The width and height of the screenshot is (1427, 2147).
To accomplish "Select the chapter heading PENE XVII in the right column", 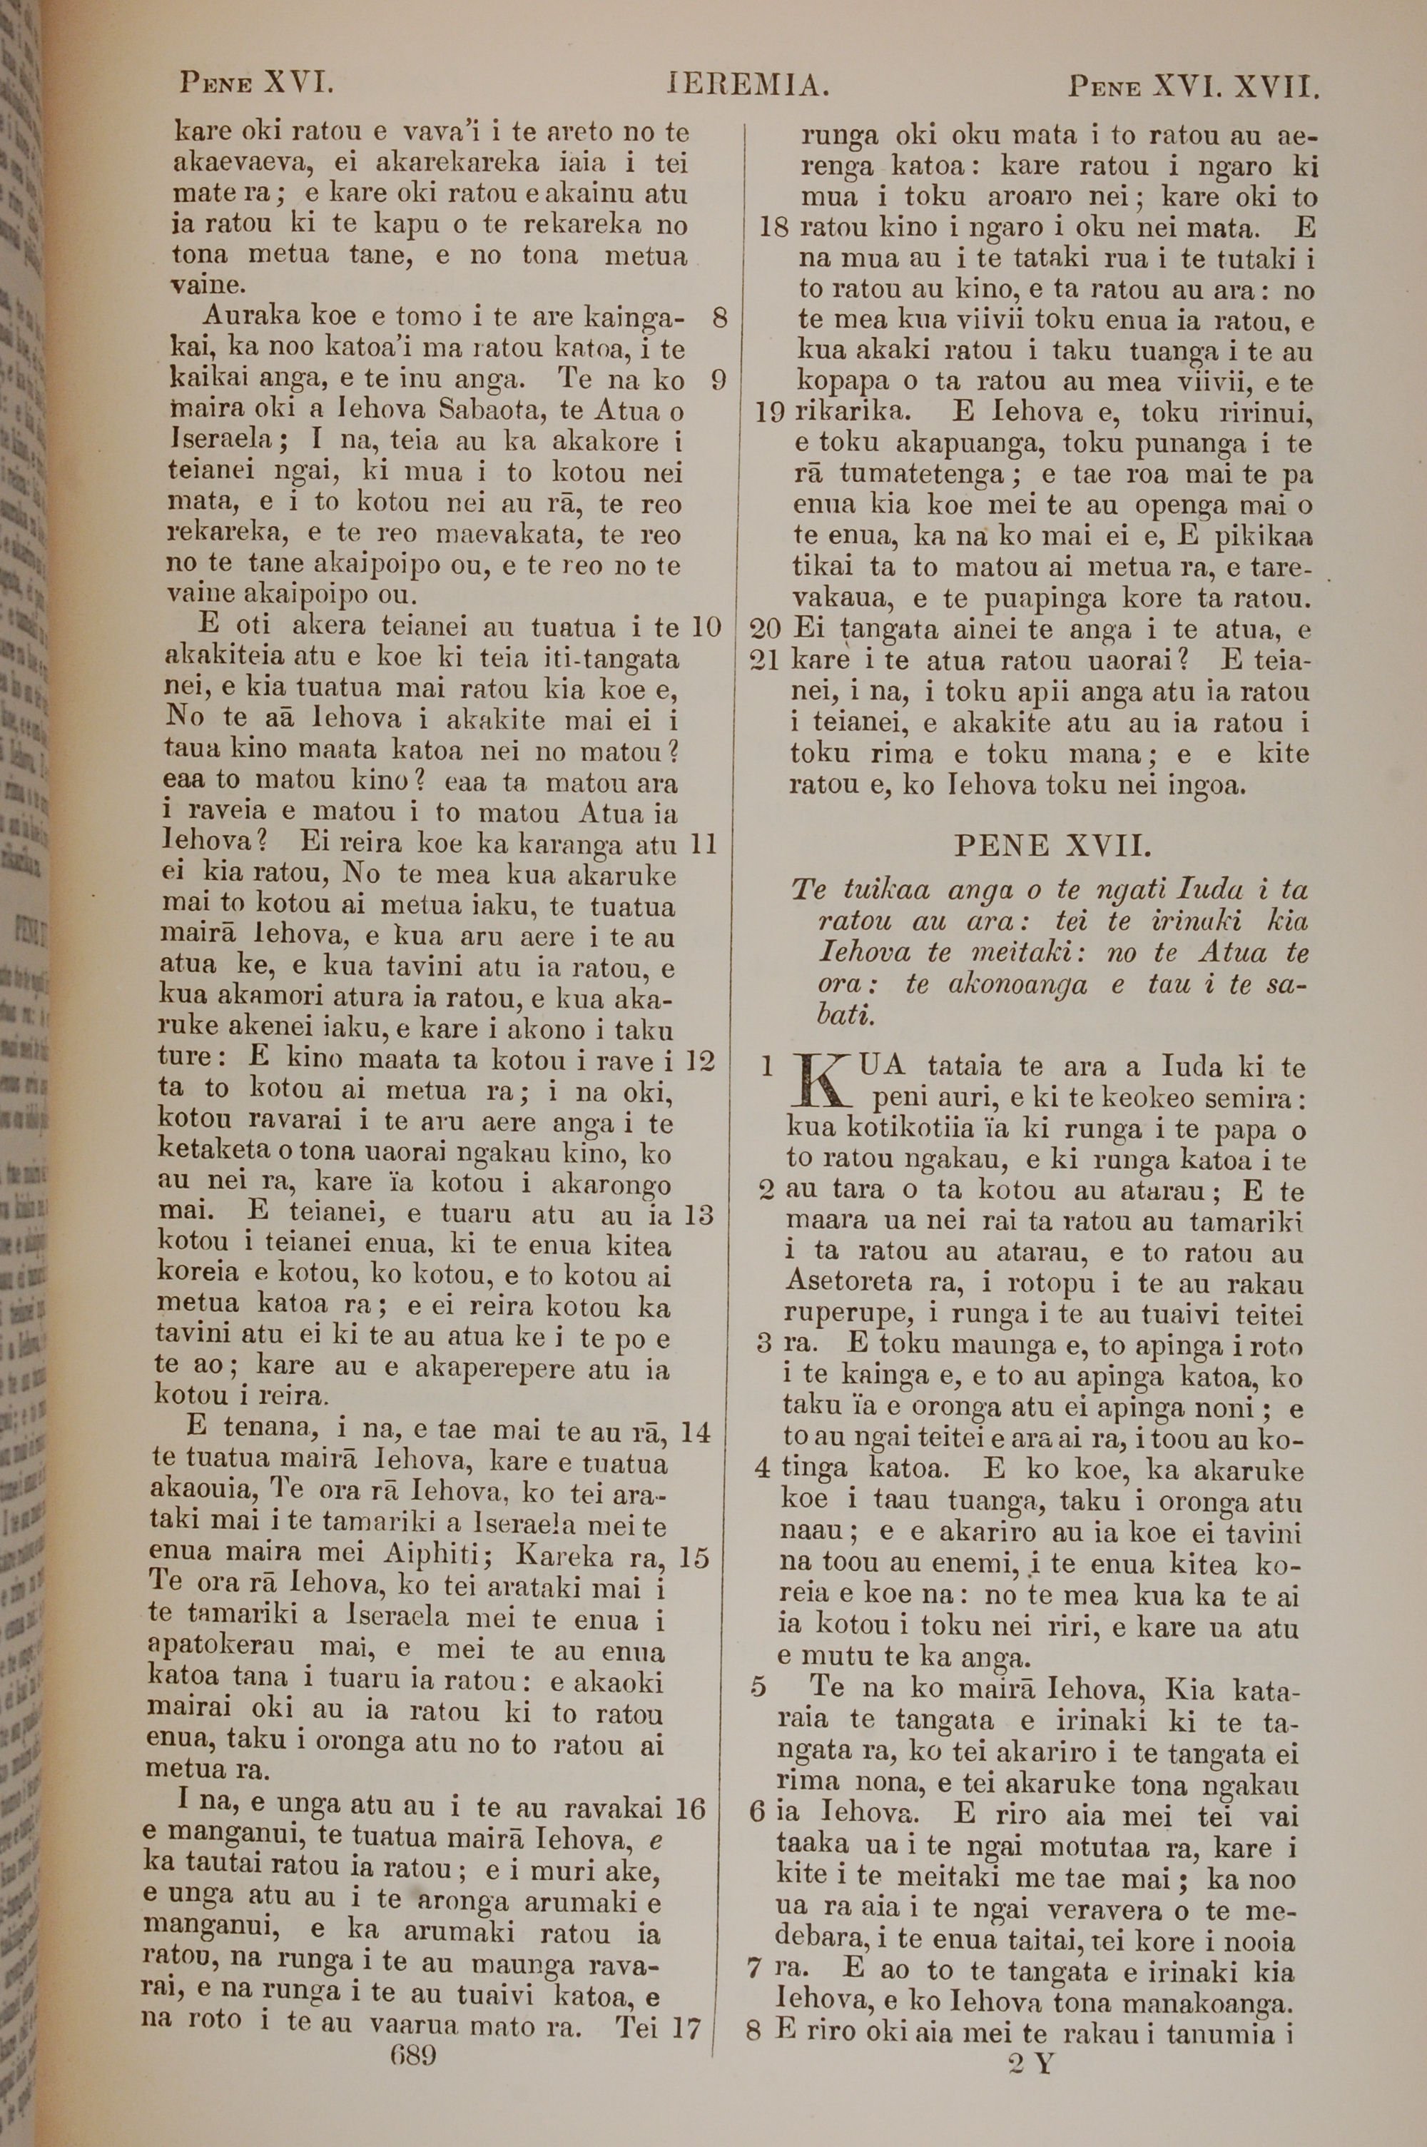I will [1053, 846].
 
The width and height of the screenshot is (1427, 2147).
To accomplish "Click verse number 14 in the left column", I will [695, 1430].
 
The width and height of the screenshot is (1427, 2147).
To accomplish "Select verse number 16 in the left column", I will [691, 1807].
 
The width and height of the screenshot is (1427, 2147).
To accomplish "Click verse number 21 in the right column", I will [768, 660].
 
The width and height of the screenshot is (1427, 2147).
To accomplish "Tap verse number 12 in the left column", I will [701, 1059].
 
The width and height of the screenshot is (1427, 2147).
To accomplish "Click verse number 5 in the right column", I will [758, 1687].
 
